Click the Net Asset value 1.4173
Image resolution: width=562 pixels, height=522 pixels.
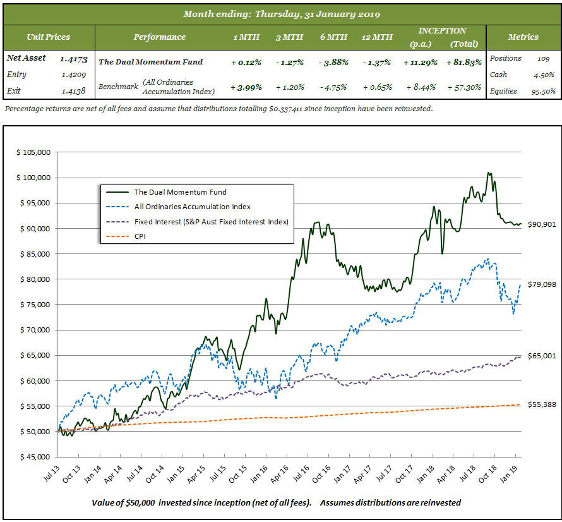tap(72, 59)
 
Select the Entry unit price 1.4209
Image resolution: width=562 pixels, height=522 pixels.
tap(73, 75)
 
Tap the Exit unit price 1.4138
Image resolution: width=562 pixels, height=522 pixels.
tap(73, 91)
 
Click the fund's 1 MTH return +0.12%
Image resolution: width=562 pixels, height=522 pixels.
tap(246, 62)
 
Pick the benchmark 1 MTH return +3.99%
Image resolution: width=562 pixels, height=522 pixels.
tap(246, 87)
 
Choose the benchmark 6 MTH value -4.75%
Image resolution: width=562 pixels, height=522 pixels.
tap(333, 87)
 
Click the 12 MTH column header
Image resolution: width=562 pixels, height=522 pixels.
tap(376, 37)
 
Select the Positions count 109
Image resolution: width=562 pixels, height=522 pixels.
tap(542, 58)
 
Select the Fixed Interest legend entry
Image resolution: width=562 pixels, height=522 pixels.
tap(211, 222)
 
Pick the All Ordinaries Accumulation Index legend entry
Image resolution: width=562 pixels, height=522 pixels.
tap(192, 207)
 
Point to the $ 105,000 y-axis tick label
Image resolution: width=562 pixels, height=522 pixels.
tap(33, 152)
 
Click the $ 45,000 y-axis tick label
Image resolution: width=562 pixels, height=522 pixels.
tap(33, 457)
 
